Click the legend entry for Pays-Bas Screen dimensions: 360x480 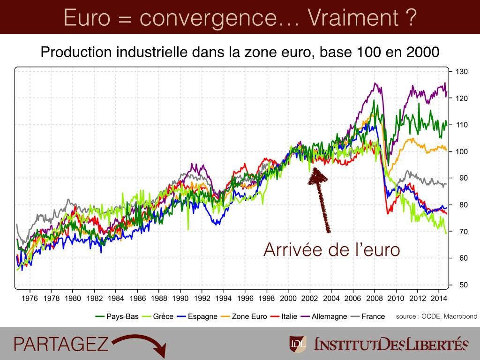pos(117,316)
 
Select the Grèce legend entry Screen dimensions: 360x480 pos(158,316)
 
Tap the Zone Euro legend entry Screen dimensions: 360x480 pos(244,316)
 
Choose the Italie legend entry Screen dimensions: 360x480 pos(283,316)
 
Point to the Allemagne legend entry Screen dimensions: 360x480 pos(323,316)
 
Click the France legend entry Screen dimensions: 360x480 pos(367,316)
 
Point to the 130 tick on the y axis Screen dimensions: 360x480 pos(461,72)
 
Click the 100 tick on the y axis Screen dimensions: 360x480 pos(461,152)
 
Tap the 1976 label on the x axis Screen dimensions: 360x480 pos(30,298)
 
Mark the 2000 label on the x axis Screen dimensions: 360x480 pos(288,298)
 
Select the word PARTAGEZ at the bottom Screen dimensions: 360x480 pos(61,344)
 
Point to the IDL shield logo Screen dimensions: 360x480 pos(298,344)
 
